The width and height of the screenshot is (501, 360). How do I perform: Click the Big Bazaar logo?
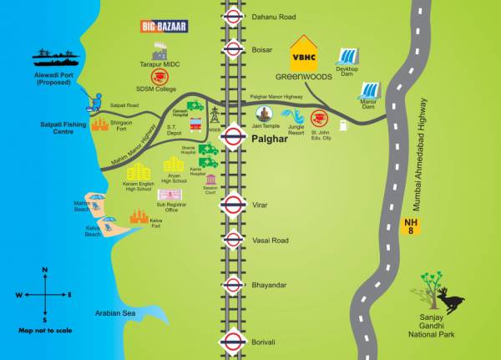pos(164,26)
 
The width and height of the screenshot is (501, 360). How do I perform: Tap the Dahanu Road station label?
pos(273,16)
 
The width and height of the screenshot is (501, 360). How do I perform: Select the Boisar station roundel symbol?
pos(233,49)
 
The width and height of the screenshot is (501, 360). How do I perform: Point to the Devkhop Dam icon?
pos(348,58)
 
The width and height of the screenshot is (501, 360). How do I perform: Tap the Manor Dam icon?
pos(367,89)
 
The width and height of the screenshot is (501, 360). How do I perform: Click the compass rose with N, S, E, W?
pos(44,294)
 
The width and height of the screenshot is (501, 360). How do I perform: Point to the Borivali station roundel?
pos(233,342)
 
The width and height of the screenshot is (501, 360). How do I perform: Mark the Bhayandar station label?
pos(269,285)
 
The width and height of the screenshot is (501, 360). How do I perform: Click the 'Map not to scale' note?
pos(44,331)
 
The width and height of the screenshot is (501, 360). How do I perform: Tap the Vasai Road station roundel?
pos(233,241)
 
